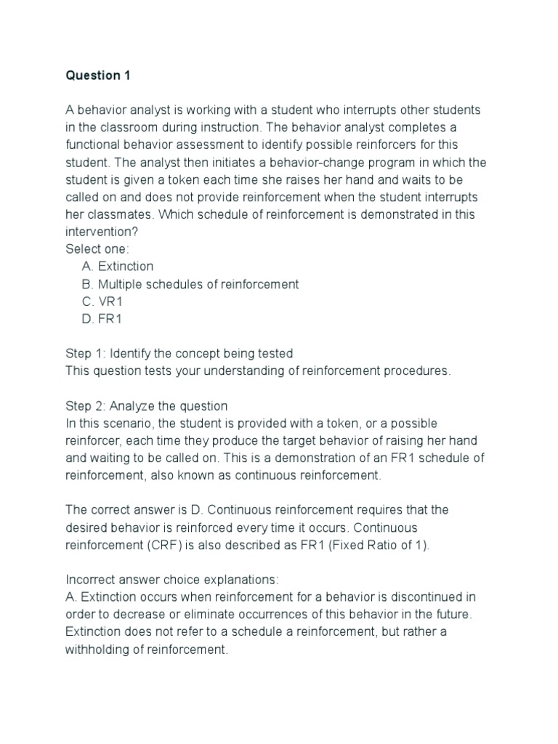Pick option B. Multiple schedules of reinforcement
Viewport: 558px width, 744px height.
190,284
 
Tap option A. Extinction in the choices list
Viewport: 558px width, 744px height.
118,267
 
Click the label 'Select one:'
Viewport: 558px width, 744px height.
97,249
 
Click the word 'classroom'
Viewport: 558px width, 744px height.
124,127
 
